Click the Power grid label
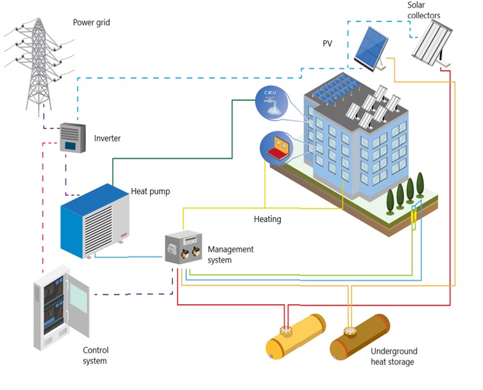(x=91, y=22)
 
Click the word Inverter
(x=107, y=138)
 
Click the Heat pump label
(x=150, y=192)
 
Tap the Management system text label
(x=230, y=254)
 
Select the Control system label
(x=95, y=355)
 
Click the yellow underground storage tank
(x=295, y=336)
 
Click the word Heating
(x=267, y=219)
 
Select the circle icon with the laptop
(x=273, y=147)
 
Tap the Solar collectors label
(x=423, y=10)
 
